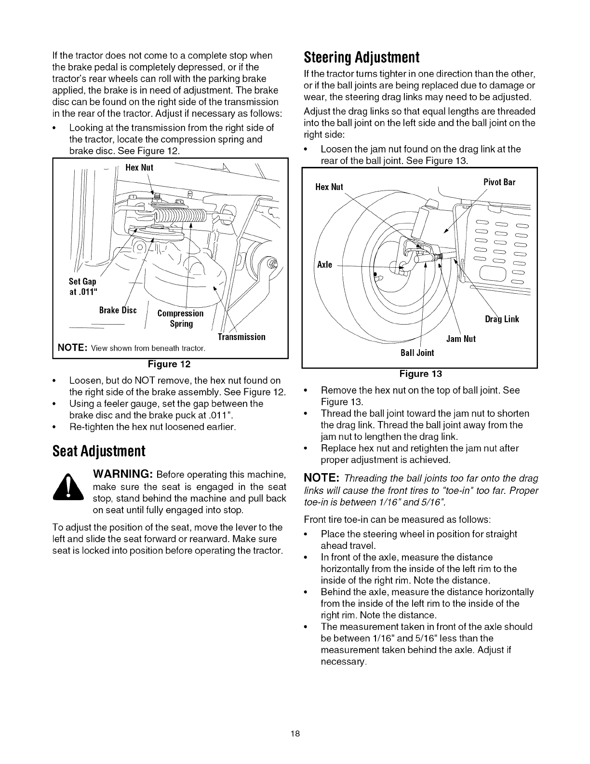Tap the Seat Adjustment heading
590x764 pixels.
pos(99,451)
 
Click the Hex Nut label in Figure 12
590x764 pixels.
pos(139,168)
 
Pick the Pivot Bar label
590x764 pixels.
pos(499,182)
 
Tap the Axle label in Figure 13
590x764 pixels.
pos(325,265)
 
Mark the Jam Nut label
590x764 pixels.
pos(461,339)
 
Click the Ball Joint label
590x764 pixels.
pos(417,353)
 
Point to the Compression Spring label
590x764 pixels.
pos(181,318)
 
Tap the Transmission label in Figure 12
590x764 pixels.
pos(241,337)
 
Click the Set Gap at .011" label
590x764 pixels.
pos(82,286)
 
